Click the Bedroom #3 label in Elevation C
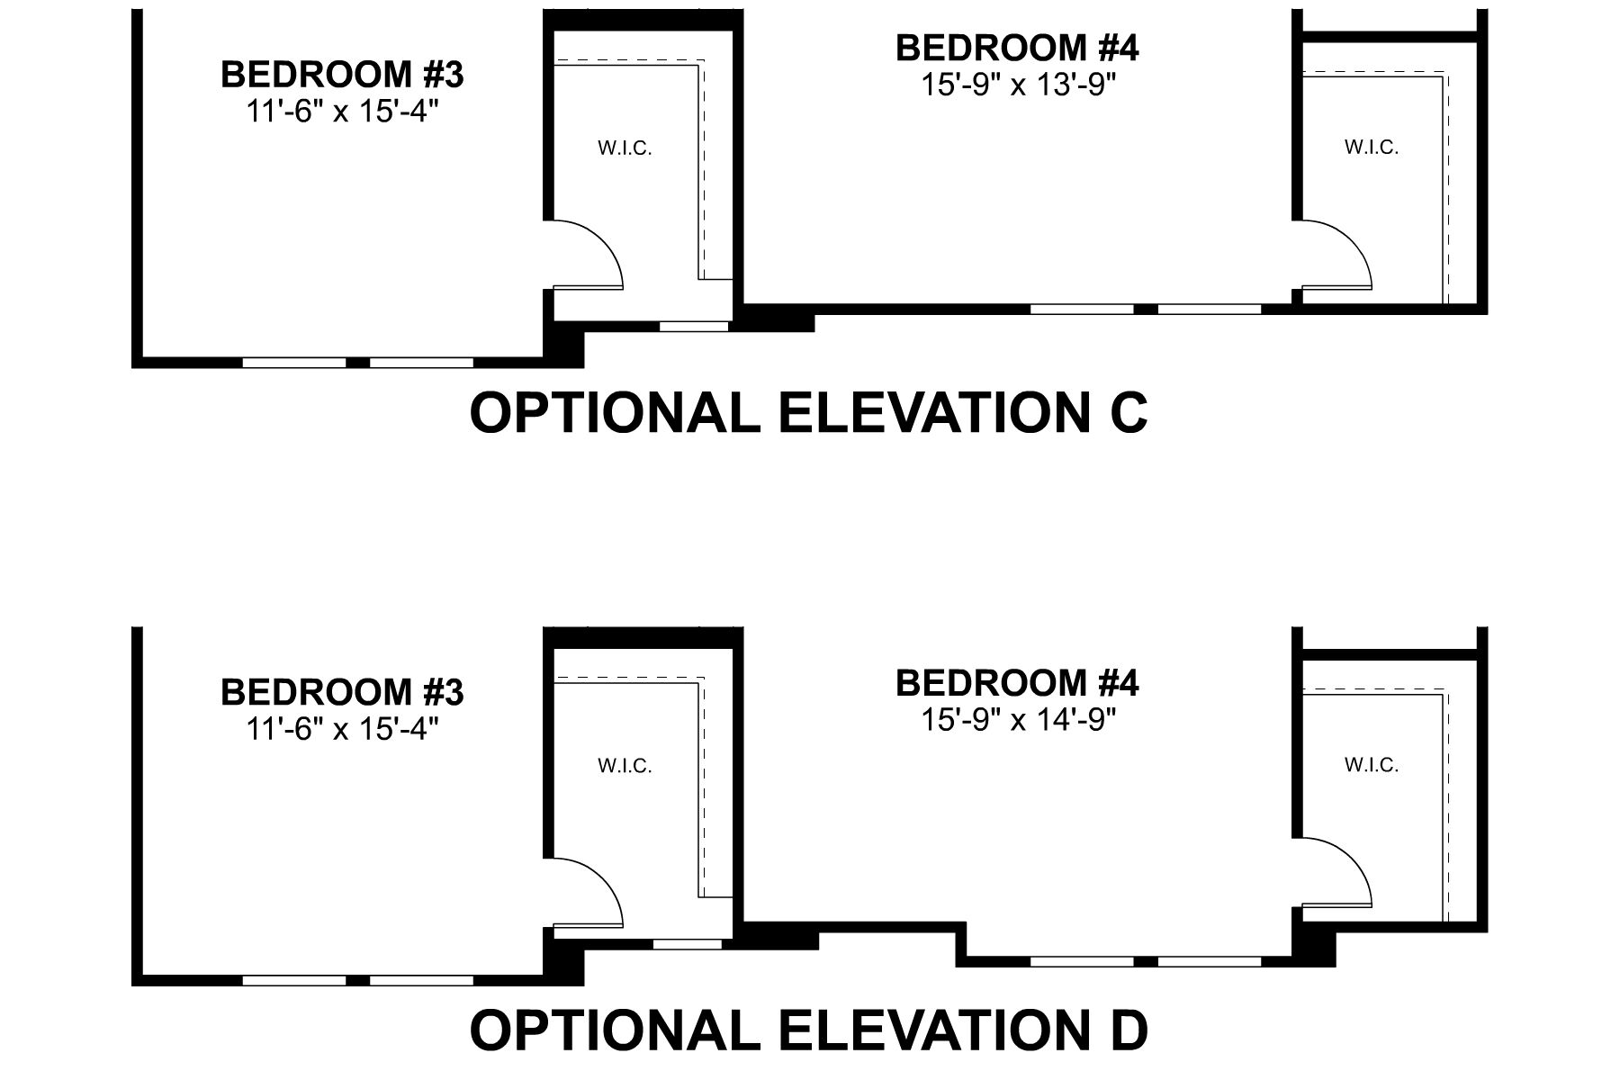[342, 75]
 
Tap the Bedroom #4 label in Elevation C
[1017, 49]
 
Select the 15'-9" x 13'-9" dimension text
[1017, 85]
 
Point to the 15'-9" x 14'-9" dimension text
[1017, 720]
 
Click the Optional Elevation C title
[808, 413]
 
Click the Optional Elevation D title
[808, 1030]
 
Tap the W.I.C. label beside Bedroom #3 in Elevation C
[625, 148]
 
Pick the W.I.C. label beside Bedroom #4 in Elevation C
[1372, 148]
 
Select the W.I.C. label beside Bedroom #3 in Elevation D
[625, 766]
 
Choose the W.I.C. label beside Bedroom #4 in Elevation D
[1372, 765]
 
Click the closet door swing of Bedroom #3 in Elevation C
[589, 255]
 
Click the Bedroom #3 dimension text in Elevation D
[342, 729]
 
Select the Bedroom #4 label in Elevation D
[1017, 684]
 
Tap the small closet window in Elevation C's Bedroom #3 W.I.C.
[694, 326]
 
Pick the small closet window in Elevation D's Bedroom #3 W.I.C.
[687, 944]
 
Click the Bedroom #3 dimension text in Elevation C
[342, 111]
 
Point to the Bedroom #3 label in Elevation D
[342, 693]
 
